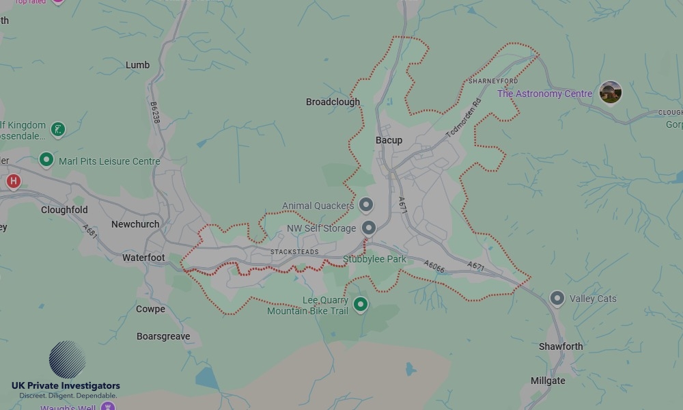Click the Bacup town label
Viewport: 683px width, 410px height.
389,140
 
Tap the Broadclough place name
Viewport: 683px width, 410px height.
333,102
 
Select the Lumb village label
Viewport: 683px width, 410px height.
137,65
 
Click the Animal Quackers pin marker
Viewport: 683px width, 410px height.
366,204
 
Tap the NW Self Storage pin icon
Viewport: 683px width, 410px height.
369,228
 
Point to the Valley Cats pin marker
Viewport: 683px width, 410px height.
557,298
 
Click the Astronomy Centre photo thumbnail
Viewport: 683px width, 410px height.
610,92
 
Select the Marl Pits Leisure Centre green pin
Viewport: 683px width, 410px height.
46,160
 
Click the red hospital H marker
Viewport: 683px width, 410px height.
13,181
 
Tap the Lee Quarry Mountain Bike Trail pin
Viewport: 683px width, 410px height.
360,305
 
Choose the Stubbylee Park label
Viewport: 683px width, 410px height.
374,259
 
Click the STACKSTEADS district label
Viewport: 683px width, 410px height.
294,252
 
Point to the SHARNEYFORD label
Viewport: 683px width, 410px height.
493,81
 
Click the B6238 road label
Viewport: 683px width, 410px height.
155,113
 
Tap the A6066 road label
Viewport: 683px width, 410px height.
434,266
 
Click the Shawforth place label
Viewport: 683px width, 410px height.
561,346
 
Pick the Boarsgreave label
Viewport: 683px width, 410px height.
163,336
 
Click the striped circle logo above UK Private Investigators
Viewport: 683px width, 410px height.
67,359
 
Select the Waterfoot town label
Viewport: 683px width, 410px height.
143,258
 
